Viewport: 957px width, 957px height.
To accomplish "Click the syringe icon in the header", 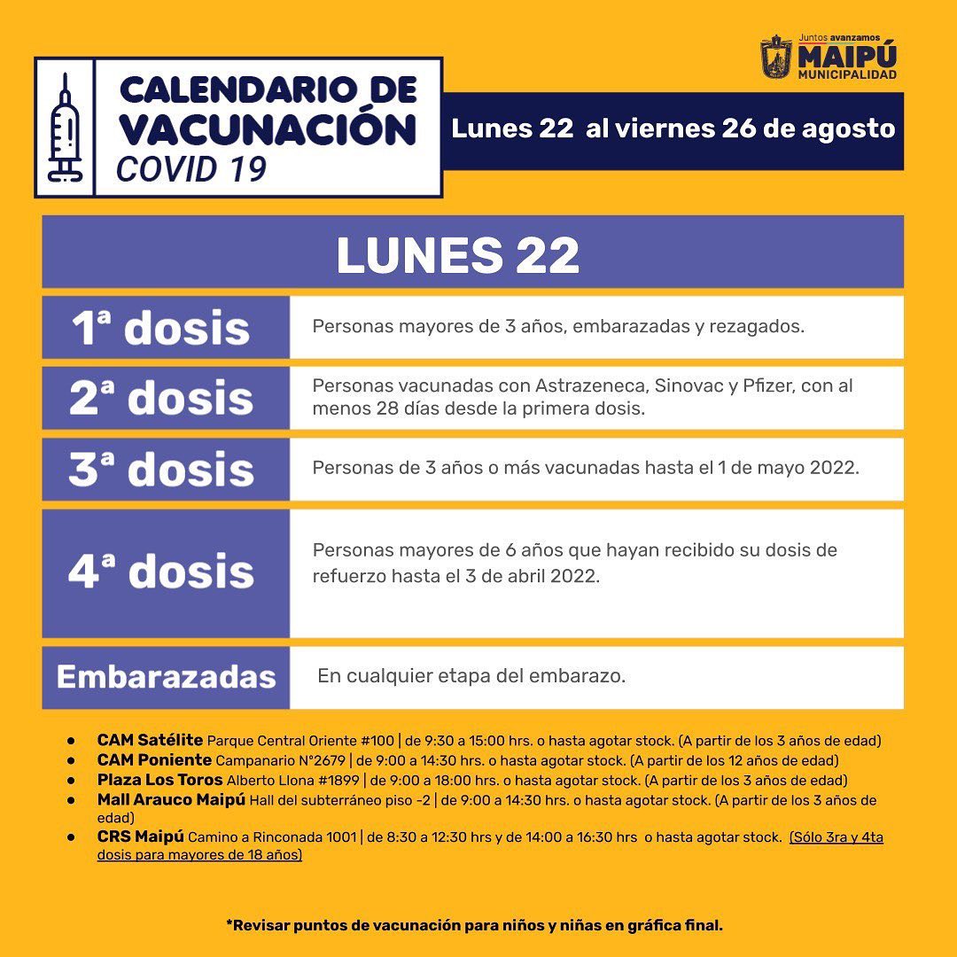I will click(x=65, y=128).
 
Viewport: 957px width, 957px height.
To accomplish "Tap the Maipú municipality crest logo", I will click(x=776, y=58).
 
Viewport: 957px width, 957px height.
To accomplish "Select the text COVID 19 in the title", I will click(x=191, y=168).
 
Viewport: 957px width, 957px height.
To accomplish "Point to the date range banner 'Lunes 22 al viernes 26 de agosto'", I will click(x=673, y=128).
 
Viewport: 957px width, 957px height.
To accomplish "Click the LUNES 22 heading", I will click(x=457, y=254).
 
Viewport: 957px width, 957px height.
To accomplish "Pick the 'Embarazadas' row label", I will click(x=166, y=677).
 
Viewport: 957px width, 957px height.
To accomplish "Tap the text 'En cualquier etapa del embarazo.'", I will click(x=471, y=676).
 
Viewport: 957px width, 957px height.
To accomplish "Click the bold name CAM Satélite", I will click(x=150, y=740).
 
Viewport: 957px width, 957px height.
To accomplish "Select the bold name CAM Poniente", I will click(x=154, y=759).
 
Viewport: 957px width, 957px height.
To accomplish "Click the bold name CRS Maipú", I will click(x=140, y=836).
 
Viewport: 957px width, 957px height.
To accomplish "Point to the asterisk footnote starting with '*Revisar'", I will click(x=475, y=925).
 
